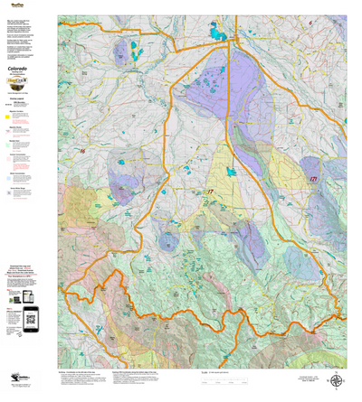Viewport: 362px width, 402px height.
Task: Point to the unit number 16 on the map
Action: tap(81, 150)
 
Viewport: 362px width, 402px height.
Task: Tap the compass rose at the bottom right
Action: tap(337, 381)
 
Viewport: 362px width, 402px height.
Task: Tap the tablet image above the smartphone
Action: tap(27, 296)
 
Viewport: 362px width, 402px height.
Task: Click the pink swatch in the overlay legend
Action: tap(8, 169)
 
